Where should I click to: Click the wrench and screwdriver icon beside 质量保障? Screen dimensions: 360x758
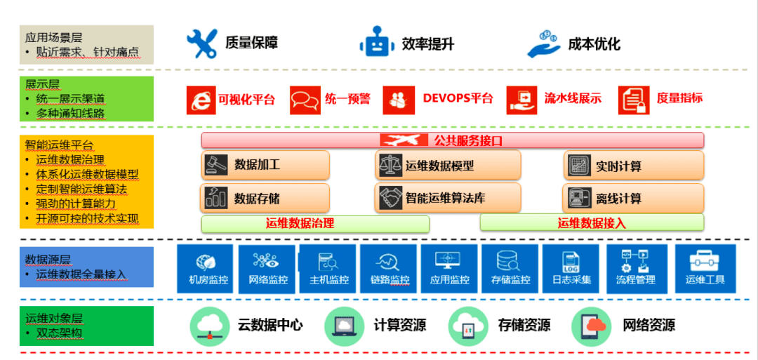click(x=201, y=44)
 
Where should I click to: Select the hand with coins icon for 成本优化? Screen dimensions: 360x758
click(x=543, y=44)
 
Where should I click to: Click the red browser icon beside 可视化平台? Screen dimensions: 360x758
click(x=201, y=100)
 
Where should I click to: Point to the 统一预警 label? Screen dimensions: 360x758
click(x=347, y=99)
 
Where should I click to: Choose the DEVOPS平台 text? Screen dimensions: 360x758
click(x=458, y=99)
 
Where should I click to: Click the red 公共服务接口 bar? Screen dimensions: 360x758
click(x=452, y=140)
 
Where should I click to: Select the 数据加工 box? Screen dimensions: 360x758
click(x=265, y=165)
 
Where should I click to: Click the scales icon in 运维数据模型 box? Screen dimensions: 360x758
click(x=390, y=166)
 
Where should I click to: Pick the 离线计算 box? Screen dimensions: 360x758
click(x=633, y=198)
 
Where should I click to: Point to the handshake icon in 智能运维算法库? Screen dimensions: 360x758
click(x=390, y=198)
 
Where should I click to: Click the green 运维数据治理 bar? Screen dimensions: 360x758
click(x=315, y=224)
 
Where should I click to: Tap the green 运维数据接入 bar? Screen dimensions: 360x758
click(x=592, y=223)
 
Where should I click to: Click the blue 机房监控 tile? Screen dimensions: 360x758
click(x=208, y=269)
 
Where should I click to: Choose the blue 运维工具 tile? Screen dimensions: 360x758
click(x=705, y=269)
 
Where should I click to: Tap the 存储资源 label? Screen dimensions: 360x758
click(x=524, y=326)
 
